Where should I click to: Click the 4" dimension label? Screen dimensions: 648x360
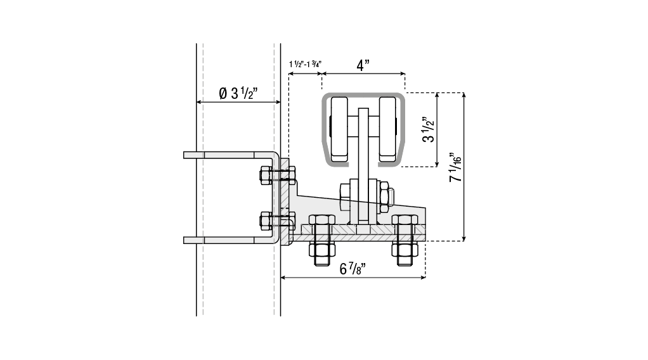pos(363,65)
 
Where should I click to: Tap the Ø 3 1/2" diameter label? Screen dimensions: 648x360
pos(238,93)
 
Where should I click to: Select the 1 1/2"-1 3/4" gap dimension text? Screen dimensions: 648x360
pos(306,64)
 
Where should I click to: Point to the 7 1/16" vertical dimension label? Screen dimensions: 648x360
pos(455,167)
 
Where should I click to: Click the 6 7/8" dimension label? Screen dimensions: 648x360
pos(353,269)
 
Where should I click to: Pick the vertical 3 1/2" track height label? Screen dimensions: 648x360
pos(429,130)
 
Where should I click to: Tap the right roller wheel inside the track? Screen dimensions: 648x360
pos(387,129)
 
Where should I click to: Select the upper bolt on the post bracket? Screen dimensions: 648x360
pos(277,176)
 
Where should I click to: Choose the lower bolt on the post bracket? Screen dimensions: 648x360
pos(277,221)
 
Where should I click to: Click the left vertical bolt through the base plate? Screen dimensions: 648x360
pos(321,240)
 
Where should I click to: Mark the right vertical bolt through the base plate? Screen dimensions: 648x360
pos(405,240)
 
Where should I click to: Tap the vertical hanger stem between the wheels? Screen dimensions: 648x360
pos(363,165)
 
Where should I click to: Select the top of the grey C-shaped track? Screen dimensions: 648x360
pos(363,95)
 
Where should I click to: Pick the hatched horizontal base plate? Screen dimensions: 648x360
pos(359,233)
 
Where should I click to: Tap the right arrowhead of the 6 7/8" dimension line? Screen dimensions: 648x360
pos(423,278)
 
